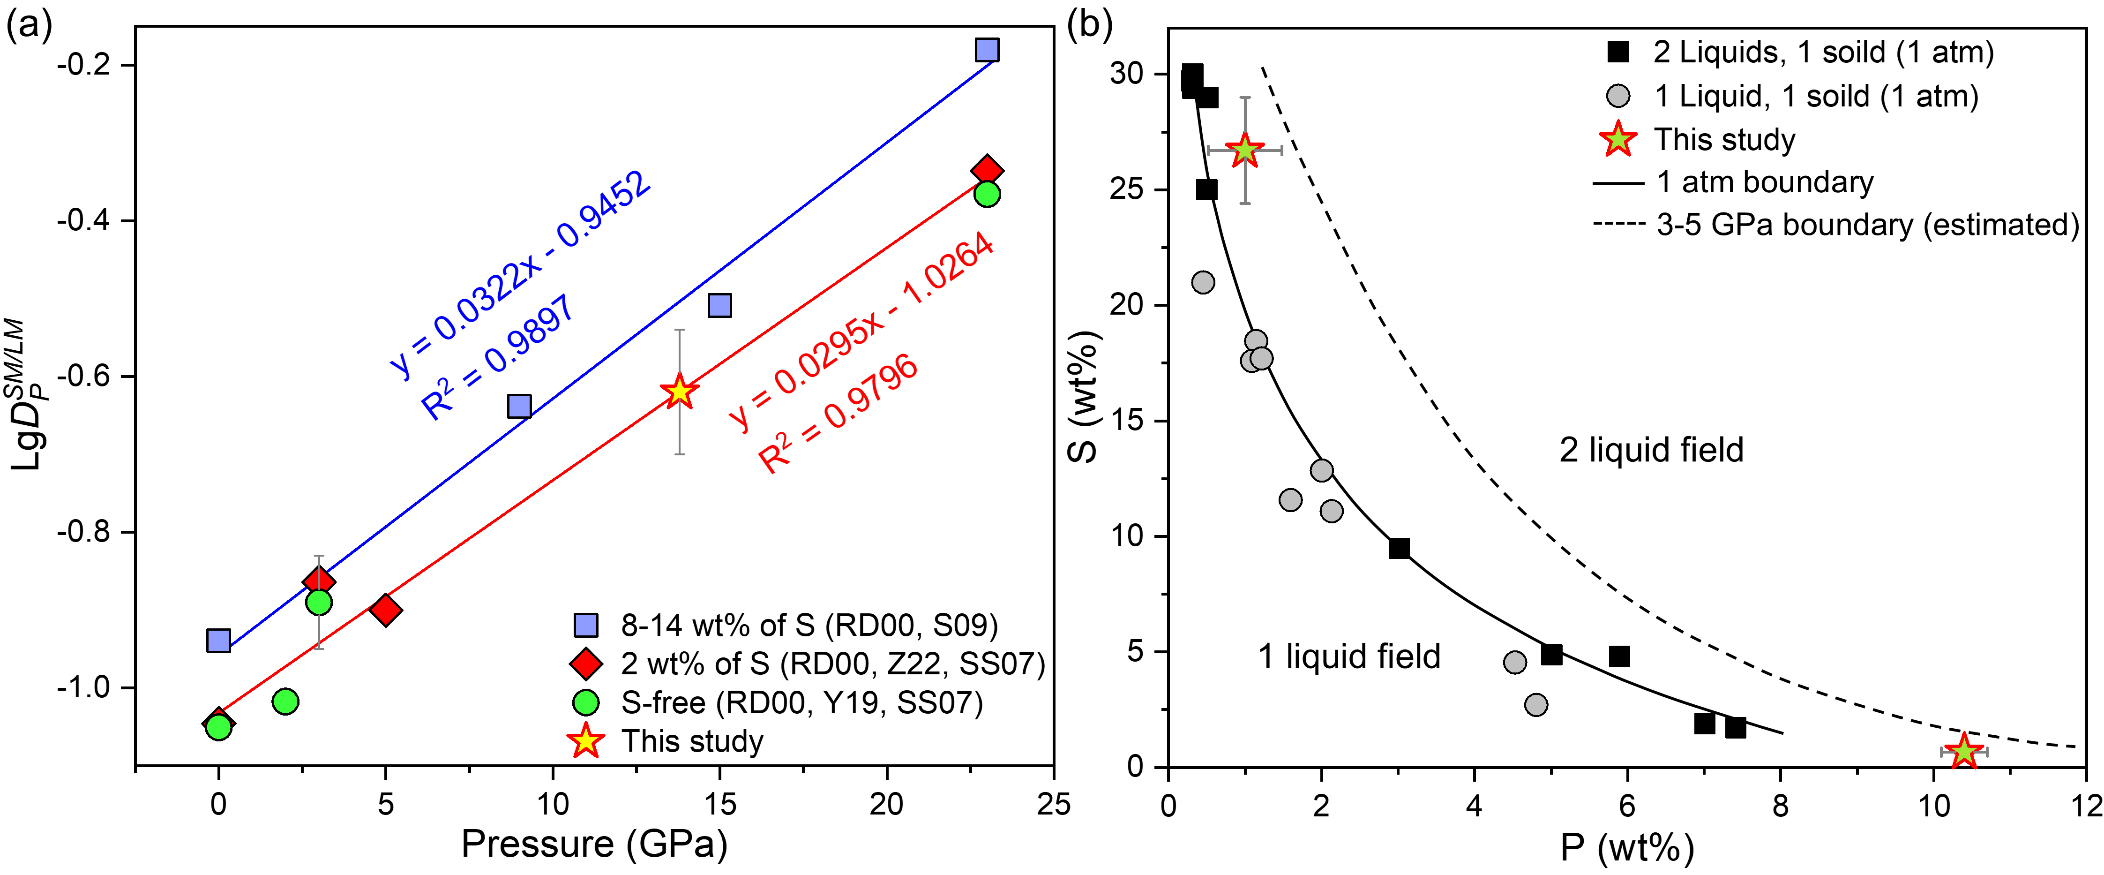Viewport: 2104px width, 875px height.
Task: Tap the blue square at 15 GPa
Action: point(719,306)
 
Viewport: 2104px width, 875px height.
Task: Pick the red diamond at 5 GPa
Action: point(386,610)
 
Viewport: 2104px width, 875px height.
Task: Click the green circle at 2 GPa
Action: point(285,701)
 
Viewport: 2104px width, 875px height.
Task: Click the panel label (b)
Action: point(1090,26)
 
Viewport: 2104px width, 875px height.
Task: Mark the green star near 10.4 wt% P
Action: point(1963,751)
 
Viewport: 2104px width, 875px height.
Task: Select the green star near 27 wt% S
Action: point(1244,151)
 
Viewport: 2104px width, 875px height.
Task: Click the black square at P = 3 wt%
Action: point(1398,548)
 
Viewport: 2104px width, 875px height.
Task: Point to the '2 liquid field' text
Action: point(1652,450)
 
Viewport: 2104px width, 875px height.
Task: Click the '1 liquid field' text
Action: point(1349,656)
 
